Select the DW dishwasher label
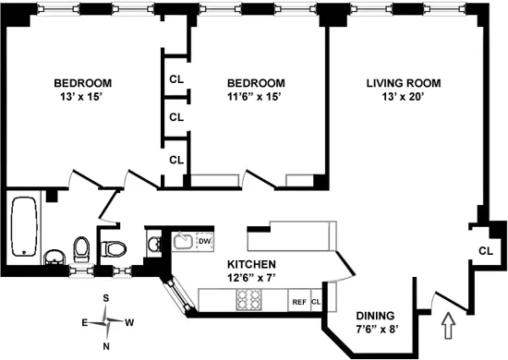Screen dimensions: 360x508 coord(204,242)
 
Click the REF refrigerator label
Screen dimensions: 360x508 coord(298,301)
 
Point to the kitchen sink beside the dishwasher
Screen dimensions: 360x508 coord(183,243)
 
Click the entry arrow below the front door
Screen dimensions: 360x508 coord(449,326)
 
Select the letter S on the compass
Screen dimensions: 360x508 coord(107,298)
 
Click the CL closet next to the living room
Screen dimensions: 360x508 coord(486,251)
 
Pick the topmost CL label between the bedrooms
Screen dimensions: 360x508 coord(175,78)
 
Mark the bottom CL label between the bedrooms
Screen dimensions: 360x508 coord(175,160)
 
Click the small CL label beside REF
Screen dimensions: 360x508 coord(315,301)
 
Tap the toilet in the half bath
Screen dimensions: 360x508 coord(114,247)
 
